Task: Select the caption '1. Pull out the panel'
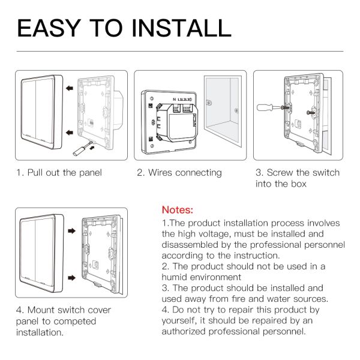point(59,173)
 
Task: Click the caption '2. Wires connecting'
point(179,173)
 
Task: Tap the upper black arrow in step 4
point(71,230)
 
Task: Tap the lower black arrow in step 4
point(71,277)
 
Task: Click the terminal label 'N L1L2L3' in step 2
point(182,97)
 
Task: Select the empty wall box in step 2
point(222,114)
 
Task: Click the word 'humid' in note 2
point(175,277)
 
